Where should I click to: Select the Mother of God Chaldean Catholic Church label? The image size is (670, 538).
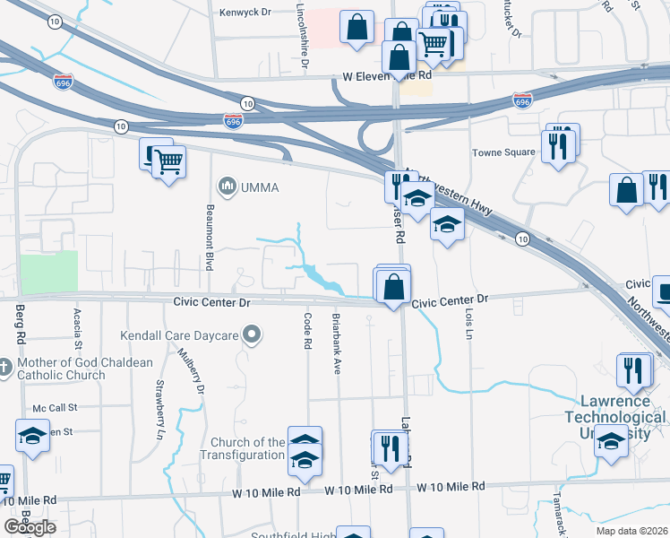tap(60, 369)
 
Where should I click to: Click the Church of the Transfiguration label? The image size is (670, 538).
tap(247, 448)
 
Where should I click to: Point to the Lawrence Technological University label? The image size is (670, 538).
tap(614, 410)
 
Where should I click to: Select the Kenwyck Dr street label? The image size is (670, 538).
tap(245, 13)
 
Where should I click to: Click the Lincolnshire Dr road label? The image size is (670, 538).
tap(304, 36)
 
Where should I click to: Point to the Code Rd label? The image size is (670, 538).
tap(306, 331)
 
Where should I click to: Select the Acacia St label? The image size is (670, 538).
tap(78, 327)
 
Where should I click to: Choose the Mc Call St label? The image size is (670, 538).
tap(56, 407)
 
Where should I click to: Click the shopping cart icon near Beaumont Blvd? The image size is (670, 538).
tap(168, 162)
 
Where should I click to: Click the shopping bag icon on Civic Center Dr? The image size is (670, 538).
tap(393, 288)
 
